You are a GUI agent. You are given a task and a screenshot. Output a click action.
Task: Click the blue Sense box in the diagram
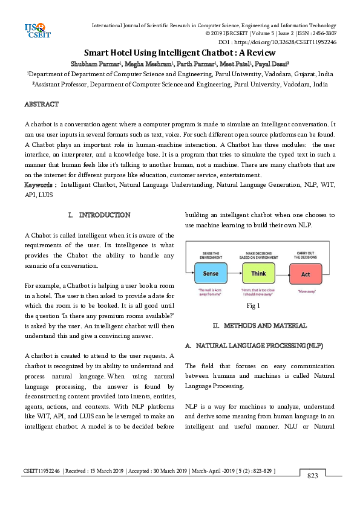pos(211,274)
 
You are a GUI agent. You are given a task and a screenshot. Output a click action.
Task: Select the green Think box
pos(258,274)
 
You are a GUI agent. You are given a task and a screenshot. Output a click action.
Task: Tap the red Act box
pos(306,274)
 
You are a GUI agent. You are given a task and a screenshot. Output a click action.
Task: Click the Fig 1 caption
pos(253,306)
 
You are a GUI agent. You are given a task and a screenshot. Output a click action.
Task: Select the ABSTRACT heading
pos(41,105)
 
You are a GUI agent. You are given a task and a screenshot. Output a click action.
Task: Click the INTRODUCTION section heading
pos(104,215)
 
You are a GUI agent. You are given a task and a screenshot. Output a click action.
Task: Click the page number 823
pos(312,476)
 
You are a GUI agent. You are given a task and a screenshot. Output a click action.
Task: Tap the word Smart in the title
pos(98,53)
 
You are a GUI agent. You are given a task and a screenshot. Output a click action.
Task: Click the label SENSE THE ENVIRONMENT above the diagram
pos(211,254)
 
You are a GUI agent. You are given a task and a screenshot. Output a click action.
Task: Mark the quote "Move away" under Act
pos(306,291)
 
